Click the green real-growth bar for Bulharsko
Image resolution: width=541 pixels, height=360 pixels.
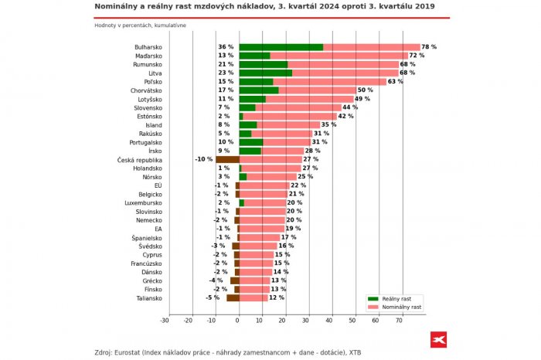pyautogui.click(x=281, y=47)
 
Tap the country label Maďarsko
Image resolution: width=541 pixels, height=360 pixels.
pyautogui.click(x=147, y=56)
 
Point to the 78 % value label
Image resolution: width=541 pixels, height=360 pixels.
pyautogui.click(x=429, y=47)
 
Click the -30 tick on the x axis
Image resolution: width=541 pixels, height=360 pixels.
pyautogui.click(x=165, y=319)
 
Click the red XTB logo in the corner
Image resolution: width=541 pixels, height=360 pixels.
pyautogui.click(x=439, y=340)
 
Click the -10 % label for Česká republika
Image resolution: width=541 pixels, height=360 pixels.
pyautogui.click(x=203, y=159)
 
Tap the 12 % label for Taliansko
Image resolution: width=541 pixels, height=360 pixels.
pyautogui.click(x=277, y=297)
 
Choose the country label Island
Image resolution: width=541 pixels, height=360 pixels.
pyautogui.click(x=153, y=124)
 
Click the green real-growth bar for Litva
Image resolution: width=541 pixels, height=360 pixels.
pyautogui.click(x=265, y=73)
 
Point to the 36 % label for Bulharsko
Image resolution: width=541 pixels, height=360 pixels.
pyautogui.click(x=226, y=47)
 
